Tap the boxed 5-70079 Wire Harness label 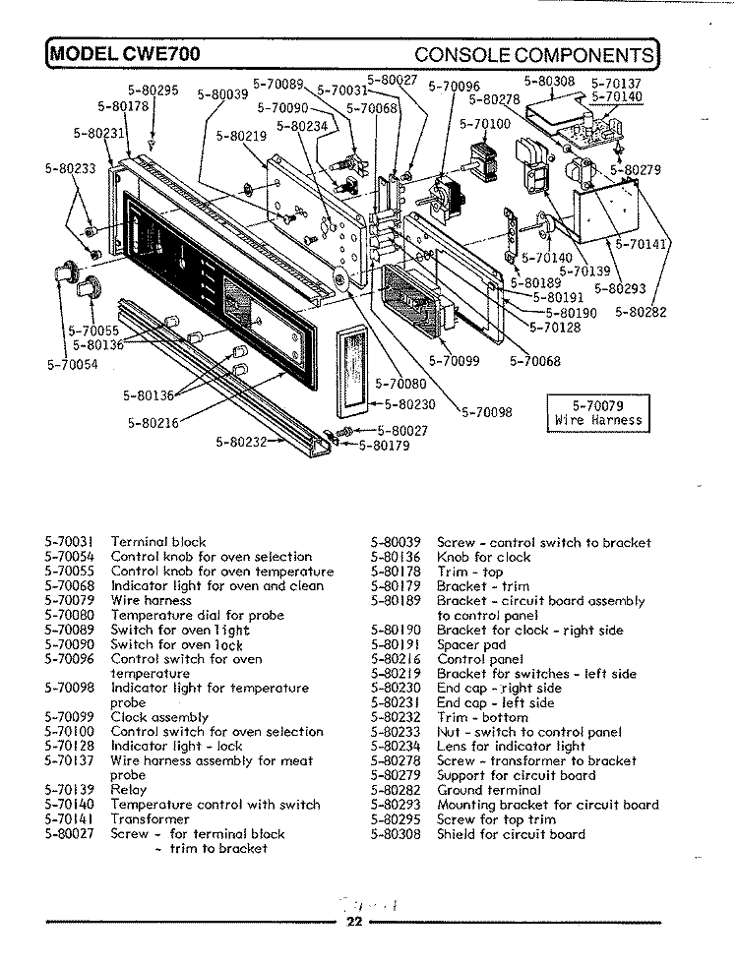[x=597, y=412]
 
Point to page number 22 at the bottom [x=355, y=921]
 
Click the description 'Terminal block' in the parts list [x=157, y=542]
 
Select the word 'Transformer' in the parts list [x=150, y=818]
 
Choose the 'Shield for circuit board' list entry [x=510, y=834]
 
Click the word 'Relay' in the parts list [x=128, y=790]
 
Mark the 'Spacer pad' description [x=471, y=644]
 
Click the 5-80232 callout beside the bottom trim [x=241, y=441]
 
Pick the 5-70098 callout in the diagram [x=486, y=413]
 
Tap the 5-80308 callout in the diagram [x=548, y=83]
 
